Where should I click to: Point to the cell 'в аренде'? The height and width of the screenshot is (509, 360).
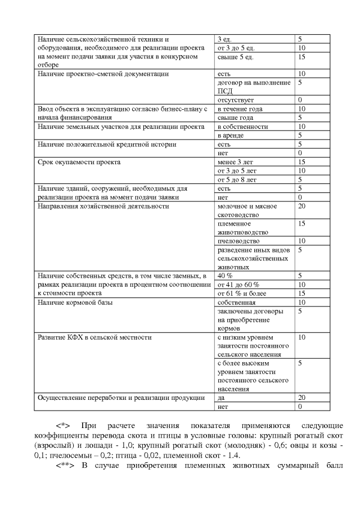pos(231,135)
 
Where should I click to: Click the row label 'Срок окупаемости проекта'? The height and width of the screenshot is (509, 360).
pos(78,162)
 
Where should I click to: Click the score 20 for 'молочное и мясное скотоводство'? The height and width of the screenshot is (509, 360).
pos(301,206)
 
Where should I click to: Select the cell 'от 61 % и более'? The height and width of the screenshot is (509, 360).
pos(242,293)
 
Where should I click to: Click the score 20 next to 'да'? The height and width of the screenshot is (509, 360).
pos(301,398)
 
